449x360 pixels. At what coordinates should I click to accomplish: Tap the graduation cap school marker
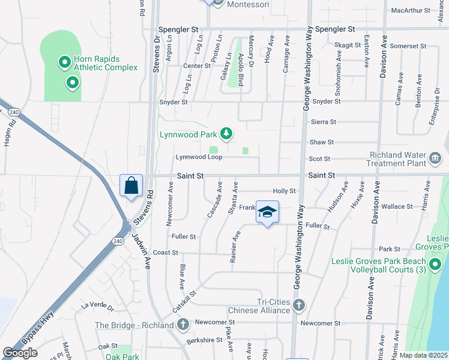click(x=267, y=212)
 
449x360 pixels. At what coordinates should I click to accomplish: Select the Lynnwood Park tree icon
click(x=226, y=133)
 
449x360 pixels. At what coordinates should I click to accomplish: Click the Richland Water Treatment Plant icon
click(x=436, y=160)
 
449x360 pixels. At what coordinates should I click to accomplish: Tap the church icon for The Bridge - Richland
click(x=183, y=325)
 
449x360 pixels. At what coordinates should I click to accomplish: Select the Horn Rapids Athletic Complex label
click(x=105, y=63)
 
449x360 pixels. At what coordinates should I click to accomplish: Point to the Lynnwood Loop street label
click(x=199, y=157)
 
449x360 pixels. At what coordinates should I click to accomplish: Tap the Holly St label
click(x=285, y=191)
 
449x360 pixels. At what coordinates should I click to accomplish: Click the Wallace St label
click(x=397, y=206)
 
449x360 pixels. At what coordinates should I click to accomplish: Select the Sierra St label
click(x=323, y=122)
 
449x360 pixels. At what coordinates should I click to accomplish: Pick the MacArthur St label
click(x=410, y=11)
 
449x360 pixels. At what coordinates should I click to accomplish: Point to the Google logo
click(x=20, y=353)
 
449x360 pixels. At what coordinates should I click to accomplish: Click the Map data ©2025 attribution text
click(x=423, y=355)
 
